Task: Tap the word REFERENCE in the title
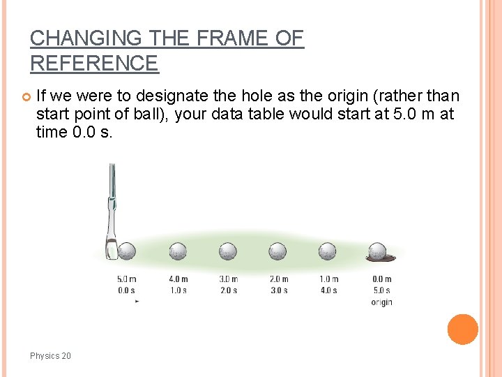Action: [x=94, y=64]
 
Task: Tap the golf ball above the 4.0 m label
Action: [x=178, y=251]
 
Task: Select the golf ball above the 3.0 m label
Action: [x=228, y=251]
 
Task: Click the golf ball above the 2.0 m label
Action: [x=277, y=251]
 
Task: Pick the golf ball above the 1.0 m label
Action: [x=328, y=251]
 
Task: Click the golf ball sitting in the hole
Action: [x=377, y=251]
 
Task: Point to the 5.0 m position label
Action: [x=126, y=279]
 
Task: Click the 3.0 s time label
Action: [x=278, y=290]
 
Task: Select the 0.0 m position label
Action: [x=381, y=279]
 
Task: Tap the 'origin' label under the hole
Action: [x=381, y=302]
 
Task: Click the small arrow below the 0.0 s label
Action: [x=137, y=301]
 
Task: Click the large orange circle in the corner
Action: [x=462, y=330]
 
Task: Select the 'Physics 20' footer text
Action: [x=50, y=356]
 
